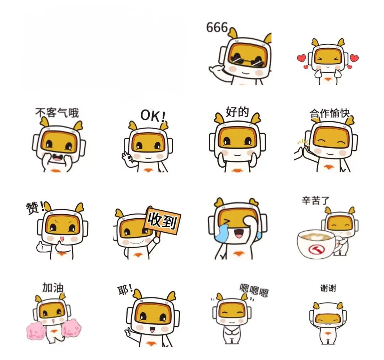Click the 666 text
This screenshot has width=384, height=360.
pyautogui.click(x=217, y=27)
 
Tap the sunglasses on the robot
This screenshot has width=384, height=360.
pyautogui.click(x=247, y=61)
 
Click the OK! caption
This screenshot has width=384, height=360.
pyautogui.click(x=153, y=115)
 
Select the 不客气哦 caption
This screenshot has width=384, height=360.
pyautogui.click(x=57, y=113)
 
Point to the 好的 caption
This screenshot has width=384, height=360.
pyautogui.click(x=237, y=112)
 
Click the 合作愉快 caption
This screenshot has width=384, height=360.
pyautogui.click(x=330, y=113)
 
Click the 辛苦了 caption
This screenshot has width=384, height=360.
pyautogui.click(x=315, y=201)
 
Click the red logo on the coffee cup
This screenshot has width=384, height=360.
pyautogui.click(x=316, y=250)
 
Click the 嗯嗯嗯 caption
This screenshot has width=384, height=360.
pyautogui.click(x=254, y=290)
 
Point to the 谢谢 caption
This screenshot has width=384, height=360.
pyautogui.click(x=328, y=288)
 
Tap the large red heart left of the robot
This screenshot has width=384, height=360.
pyautogui.click(x=302, y=58)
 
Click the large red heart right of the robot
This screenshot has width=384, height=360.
pyautogui.click(x=354, y=58)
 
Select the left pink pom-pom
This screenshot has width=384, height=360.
pyautogui.click(x=36, y=331)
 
